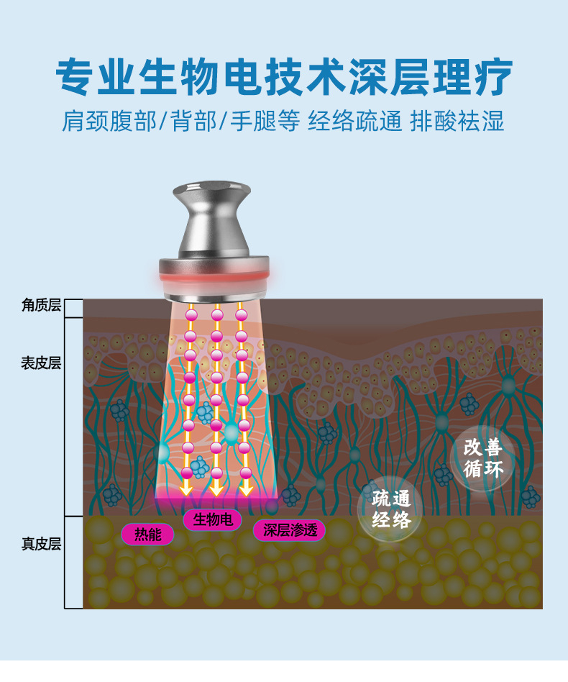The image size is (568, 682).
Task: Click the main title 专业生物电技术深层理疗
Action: point(284,76)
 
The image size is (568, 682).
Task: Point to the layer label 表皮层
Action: point(41,363)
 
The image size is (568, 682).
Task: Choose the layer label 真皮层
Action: point(41,542)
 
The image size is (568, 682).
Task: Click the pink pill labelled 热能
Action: point(147,534)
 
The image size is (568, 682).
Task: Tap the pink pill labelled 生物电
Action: point(213,519)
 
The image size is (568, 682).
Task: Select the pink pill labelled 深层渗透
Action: point(289,531)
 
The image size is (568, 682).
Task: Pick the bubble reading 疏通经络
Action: point(391,509)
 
